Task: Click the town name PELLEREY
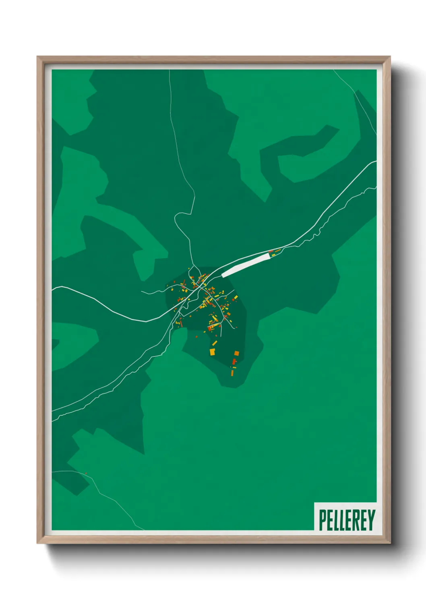click(347, 520)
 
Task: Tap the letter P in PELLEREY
click(323, 520)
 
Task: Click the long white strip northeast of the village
click(245, 265)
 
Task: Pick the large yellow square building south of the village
click(212, 352)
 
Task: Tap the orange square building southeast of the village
click(236, 353)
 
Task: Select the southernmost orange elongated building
click(232, 373)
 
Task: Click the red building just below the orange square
click(234, 361)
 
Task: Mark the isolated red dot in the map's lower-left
click(86, 474)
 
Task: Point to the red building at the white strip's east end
click(271, 251)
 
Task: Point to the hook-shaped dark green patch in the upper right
click(306, 153)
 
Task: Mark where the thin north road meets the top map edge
click(170, 70)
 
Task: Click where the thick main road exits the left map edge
click(53, 288)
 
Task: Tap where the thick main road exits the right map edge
click(376, 161)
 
